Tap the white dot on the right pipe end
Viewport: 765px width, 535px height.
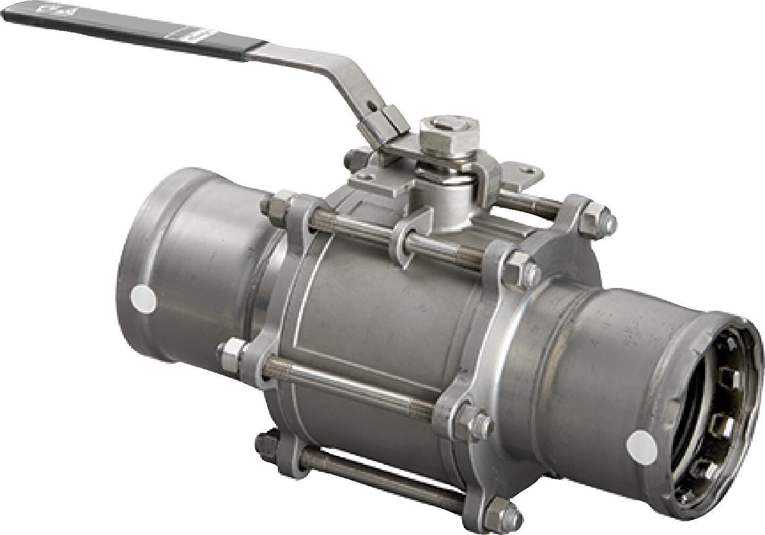pyautogui.click(x=642, y=445)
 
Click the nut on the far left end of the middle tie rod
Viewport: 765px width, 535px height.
pyautogui.click(x=230, y=351)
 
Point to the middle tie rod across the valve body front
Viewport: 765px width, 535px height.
pyautogui.click(x=351, y=384)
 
